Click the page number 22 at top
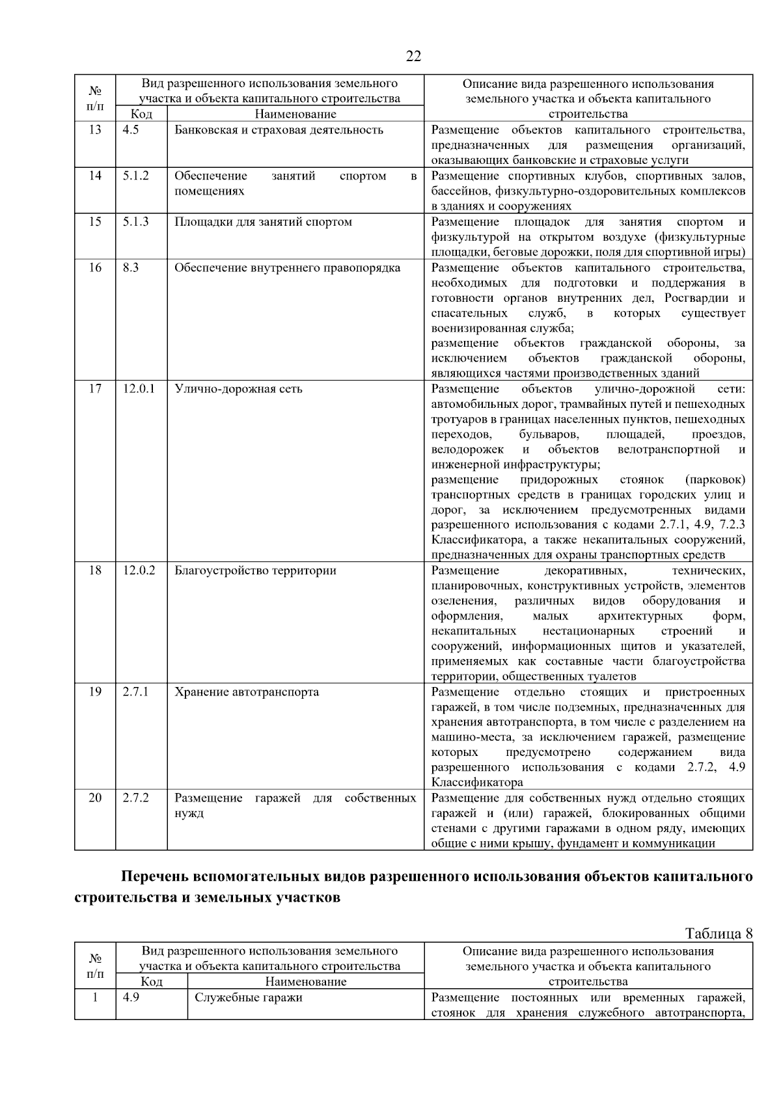pyautogui.click(x=413, y=56)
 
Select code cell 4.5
pyautogui.click(x=131, y=129)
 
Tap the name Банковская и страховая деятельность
pyautogui.click(x=279, y=129)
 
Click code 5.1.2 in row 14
pyautogui.click(x=135, y=176)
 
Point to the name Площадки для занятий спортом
pyautogui.click(x=263, y=222)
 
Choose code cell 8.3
pyautogui.click(x=131, y=268)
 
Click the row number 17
pyautogui.click(x=95, y=389)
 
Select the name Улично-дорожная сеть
pyautogui.click(x=238, y=389)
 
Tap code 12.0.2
pyautogui.click(x=139, y=571)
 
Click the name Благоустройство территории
pyautogui.click(x=255, y=571)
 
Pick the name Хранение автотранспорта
pyautogui.click(x=247, y=692)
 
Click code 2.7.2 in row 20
pyautogui.click(x=135, y=798)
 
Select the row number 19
pyautogui.click(x=95, y=692)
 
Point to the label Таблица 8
pyautogui.click(x=719, y=934)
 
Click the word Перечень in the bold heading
pyautogui.click(x=154, y=877)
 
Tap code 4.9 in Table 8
pyautogui.click(x=131, y=997)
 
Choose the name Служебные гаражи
pyautogui.click(x=248, y=997)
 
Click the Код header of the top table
pyautogui.click(x=141, y=114)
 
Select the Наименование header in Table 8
pyautogui.click(x=306, y=982)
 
